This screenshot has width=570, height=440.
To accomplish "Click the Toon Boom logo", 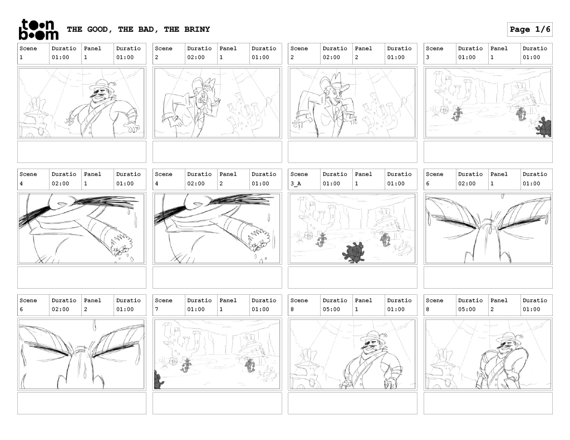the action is pos(38,29).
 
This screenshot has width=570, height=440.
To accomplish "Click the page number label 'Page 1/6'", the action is pos(530,29).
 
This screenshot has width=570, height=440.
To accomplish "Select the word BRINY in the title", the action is pos(197,29).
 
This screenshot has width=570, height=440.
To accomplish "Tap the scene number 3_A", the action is pos(296,184).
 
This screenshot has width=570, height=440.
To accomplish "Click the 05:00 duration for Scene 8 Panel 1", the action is pos(331,309).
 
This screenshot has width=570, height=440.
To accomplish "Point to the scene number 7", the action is pos(156,309).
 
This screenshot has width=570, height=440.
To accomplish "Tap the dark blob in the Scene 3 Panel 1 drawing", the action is pos(544,127).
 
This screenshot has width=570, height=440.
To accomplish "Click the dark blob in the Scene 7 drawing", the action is pos(158,380).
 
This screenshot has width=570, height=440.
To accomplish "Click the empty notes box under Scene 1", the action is pos(82,152).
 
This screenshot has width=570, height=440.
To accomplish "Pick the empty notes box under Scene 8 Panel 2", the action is pos(488,403).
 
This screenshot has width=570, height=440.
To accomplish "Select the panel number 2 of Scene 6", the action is pos(86,309).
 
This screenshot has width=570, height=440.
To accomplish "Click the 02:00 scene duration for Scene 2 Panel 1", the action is pos(195,57).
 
